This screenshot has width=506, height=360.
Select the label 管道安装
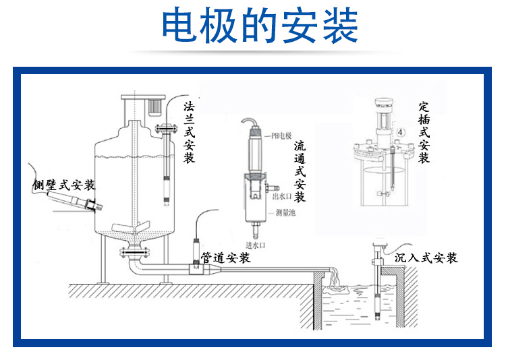[225, 258]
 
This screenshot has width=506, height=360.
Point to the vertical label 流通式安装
[300, 171]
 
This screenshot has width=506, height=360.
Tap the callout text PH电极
[283, 134]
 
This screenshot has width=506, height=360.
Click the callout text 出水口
[280, 197]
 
